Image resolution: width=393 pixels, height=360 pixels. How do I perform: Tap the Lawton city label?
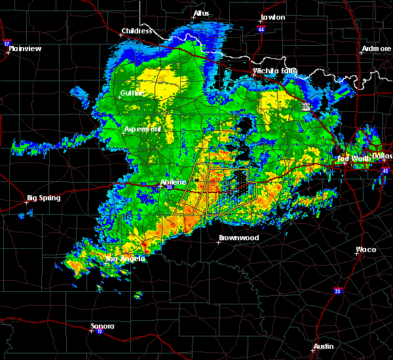tap(272, 17)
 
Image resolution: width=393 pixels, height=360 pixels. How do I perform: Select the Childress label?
tap(136, 31)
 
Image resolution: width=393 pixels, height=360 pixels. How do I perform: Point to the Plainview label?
tap(24, 48)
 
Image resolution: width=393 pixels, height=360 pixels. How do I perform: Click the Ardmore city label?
tap(375, 49)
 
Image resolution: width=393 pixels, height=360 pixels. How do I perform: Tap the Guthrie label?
tap(133, 94)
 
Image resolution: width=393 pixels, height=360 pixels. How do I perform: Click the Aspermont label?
tap(143, 130)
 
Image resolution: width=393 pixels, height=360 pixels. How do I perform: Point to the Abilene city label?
tap(174, 182)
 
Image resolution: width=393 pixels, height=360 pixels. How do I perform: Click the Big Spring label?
tap(43, 198)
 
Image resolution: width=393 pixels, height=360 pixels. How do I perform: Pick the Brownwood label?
tap(238, 238)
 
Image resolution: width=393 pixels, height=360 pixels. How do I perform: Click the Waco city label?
tap(365, 249)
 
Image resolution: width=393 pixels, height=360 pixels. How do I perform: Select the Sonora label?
tap(102, 326)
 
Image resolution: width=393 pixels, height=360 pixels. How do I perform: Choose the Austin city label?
tap(323, 346)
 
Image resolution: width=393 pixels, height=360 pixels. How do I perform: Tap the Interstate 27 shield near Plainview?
tap(7, 44)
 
